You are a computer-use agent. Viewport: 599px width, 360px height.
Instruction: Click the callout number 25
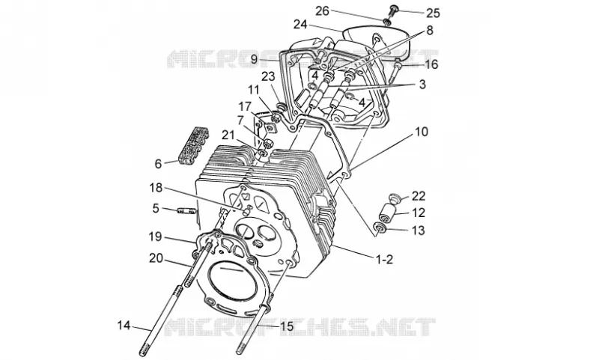(x=433, y=13)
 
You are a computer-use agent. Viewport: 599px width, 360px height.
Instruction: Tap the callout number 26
(x=322, y=10)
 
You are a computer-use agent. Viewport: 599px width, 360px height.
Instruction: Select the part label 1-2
(x=384, y=260)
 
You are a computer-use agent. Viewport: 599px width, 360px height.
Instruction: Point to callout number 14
(x=124, y=326)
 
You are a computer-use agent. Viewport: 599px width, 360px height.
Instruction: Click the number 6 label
(x=158, y=164)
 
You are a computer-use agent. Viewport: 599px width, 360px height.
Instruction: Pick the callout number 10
(x=422, y=132)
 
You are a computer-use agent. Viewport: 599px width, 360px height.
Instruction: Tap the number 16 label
(x=431, y=64)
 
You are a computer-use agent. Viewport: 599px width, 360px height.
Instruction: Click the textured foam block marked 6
(x=194, y=144)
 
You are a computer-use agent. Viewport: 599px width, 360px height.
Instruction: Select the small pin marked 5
(x=186, y=211)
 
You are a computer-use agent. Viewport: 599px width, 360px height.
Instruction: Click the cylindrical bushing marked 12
(x=387, y=212)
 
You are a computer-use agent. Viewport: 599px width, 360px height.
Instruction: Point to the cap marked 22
(x=395, y=198)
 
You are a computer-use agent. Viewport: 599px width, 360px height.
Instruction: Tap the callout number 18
(x=156, y=188)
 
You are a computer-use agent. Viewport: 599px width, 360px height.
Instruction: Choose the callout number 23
(x=268, y=76)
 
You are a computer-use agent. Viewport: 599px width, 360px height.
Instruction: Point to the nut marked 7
(x=268, y=144)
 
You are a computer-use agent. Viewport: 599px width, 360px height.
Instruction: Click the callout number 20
(x=156, y=258)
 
